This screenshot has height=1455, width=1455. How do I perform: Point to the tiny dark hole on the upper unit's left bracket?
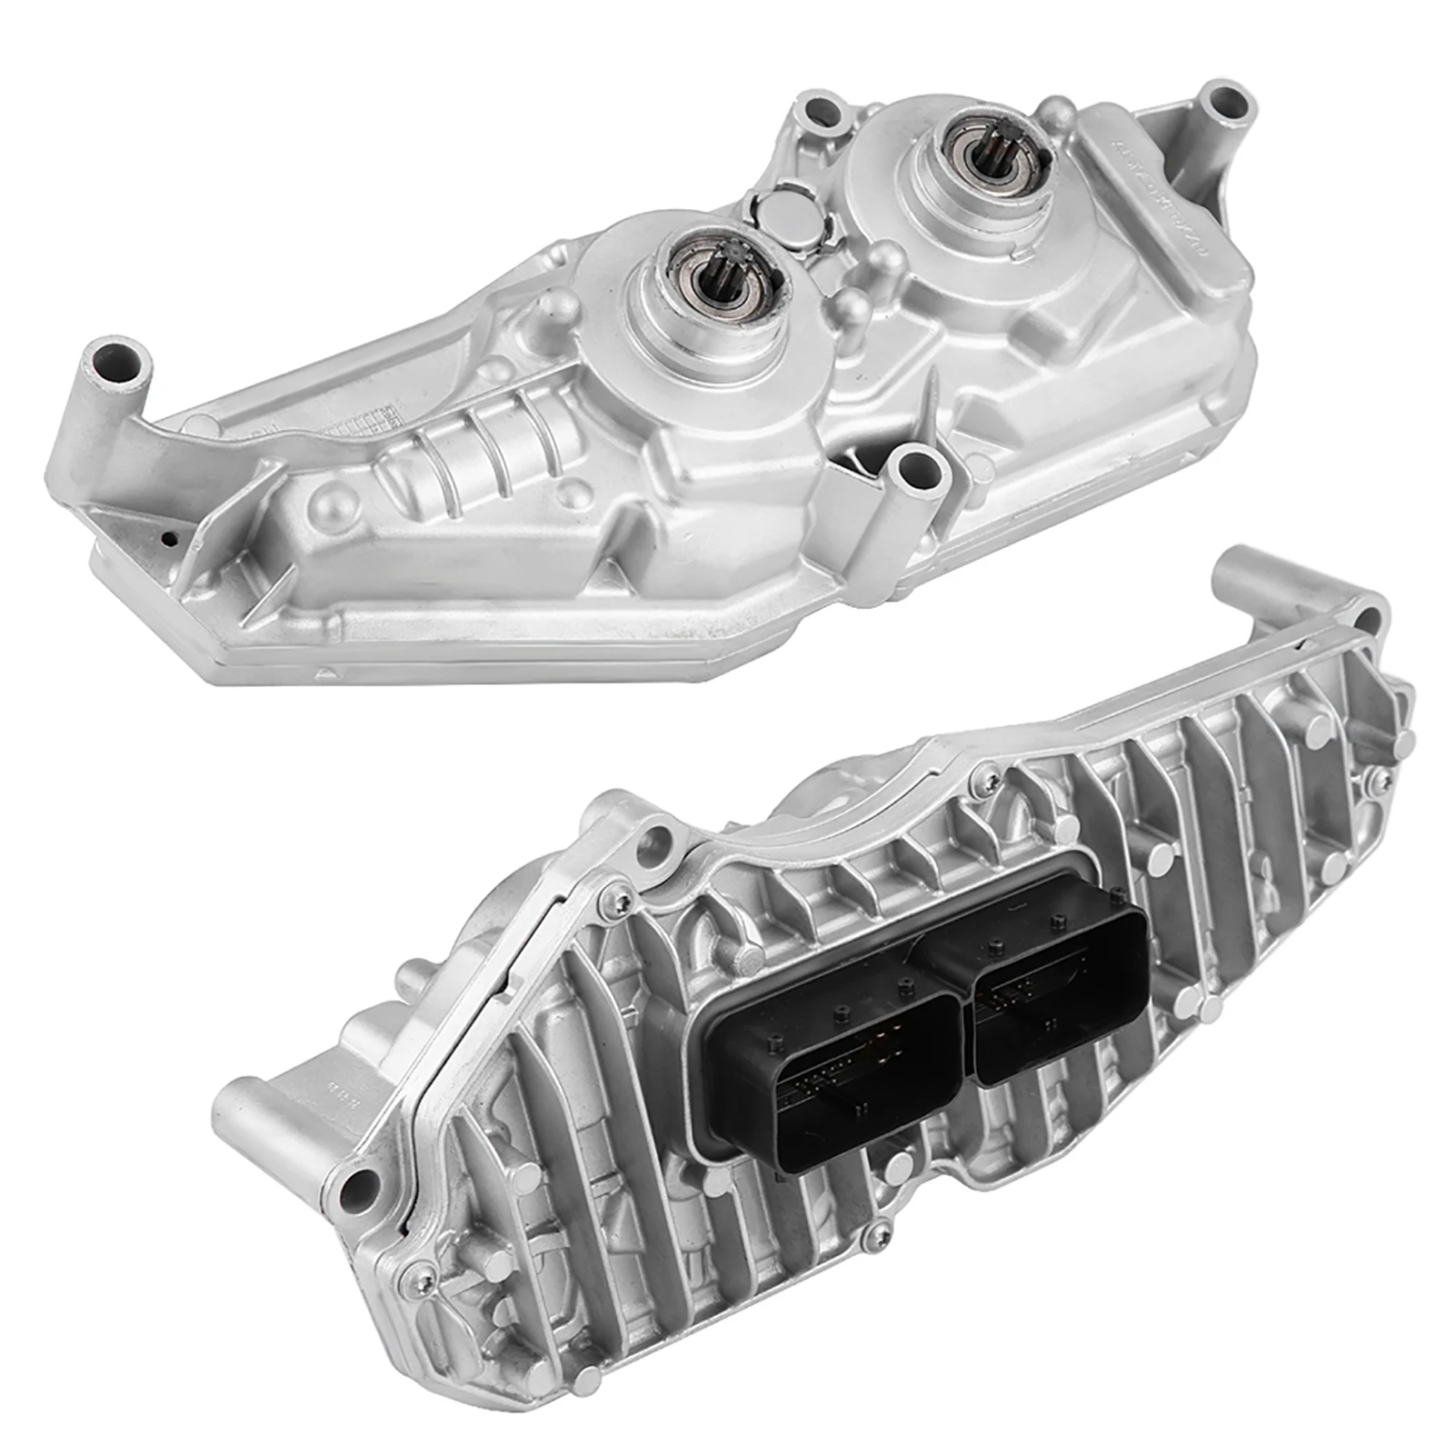[168, 537]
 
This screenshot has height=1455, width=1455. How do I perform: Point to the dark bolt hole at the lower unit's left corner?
[360, 1184]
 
